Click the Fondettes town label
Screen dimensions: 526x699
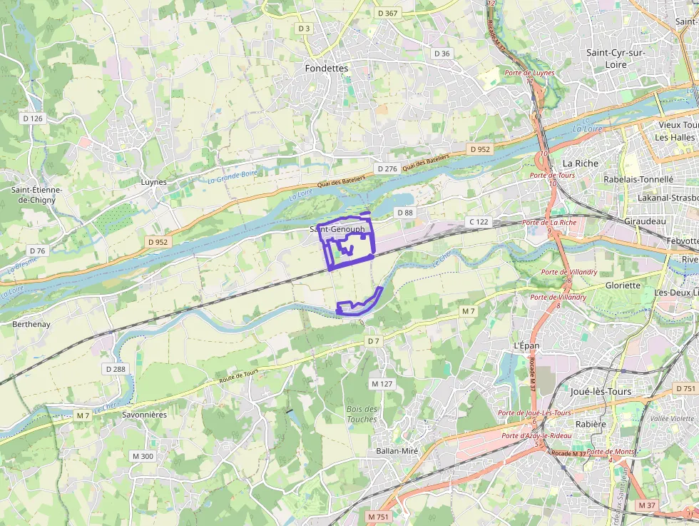[x=326, y=69]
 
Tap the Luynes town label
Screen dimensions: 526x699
[x=153, y=182]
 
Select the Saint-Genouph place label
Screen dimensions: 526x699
[x=337, y=229]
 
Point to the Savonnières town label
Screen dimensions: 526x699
[x=144, y=414]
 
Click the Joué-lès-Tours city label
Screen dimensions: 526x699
[x=601, y=391]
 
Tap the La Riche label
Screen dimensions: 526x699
[x=580, y=163]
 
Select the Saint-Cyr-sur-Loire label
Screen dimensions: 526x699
[x=616, y=59]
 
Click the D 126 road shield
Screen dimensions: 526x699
[x=33, y=118]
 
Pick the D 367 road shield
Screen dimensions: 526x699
[x=387, y=14]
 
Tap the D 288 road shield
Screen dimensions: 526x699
[x=115, y=369]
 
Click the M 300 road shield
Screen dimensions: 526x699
[x=142, y=456]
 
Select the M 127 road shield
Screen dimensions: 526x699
[x=382, y=383]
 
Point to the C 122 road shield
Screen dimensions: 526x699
[x=479, y=222]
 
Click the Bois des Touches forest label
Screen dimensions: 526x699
[x=362, y=414]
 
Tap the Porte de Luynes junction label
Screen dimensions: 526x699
[x=529, y=73]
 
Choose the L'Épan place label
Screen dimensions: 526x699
[x=526, y=345]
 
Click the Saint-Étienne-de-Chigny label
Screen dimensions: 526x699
[x=36, y=195]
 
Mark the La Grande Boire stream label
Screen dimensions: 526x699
[x=232, y=175]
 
